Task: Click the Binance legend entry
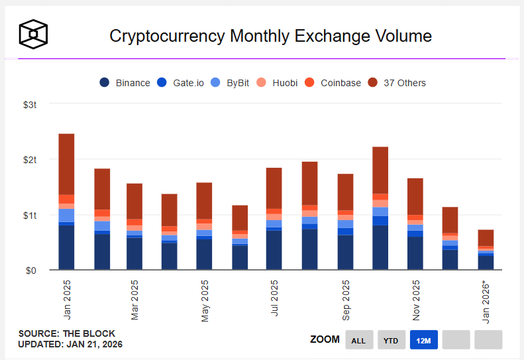[125, 83]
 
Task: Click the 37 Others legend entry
[397, 83]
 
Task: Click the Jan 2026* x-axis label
[486, 302]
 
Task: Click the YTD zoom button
[392, 340]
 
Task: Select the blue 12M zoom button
[424, 340]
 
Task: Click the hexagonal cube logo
[34, 34]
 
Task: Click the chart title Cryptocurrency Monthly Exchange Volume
[270, 36]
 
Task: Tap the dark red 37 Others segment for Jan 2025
[66, 164]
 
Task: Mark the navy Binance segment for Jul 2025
[274, 249]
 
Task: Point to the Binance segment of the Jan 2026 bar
[486, 263]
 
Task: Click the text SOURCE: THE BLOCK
[66, 333]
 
